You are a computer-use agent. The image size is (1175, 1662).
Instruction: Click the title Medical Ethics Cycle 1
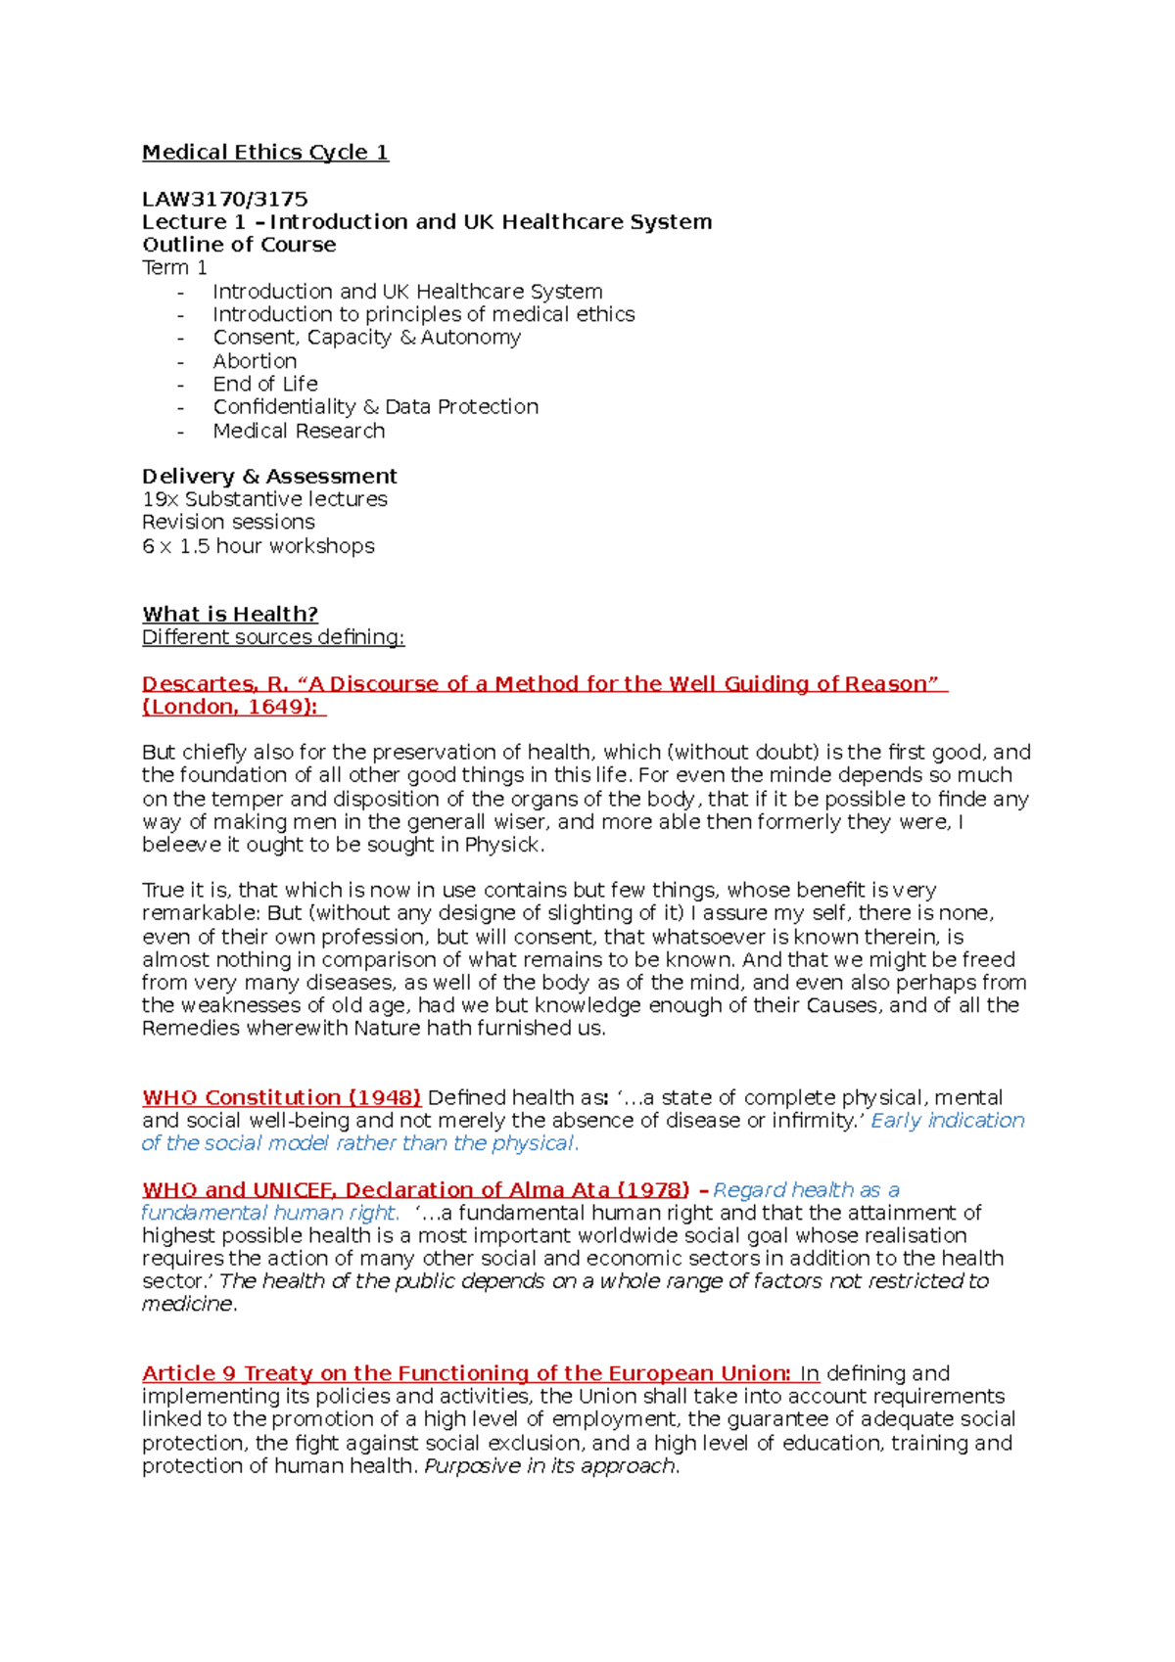click(264, 153)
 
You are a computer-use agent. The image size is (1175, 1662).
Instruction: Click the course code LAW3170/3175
click(224, 200)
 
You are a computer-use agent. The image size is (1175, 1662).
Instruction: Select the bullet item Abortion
click(255, 361)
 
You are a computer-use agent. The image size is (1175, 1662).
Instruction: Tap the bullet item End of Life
click(264, 385)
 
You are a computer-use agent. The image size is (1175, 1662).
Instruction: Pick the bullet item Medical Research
click(299, 431)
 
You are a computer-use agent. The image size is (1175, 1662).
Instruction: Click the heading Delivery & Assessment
click(269, 477)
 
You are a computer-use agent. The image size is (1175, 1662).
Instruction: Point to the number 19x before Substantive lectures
click(160, 500)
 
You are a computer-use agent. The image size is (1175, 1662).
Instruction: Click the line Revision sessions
click(228, 523)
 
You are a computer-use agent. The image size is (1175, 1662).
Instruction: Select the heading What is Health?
click(230, 615)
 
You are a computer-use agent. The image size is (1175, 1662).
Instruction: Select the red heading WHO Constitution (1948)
click(281, 1098)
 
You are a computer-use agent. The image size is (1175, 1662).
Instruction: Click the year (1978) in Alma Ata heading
click(652, 1190)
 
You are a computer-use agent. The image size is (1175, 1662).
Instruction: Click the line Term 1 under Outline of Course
click(174, 268)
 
